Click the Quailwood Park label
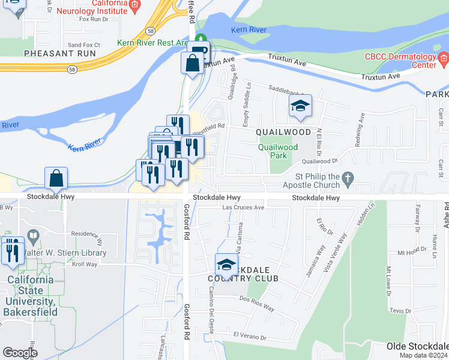tap(278, 151)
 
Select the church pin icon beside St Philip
tap(346, 178)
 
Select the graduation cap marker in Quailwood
tap(300, 107)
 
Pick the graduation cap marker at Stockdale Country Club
tap(226, 265)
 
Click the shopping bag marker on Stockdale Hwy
tap(56, 178)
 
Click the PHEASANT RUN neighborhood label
tap(60, 53)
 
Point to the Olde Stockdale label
tap(418, 346)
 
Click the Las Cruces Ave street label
tap(243, 208)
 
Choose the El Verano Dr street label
tap(250, 337)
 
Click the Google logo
tap(20, 353)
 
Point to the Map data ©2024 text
tap(423, 355)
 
